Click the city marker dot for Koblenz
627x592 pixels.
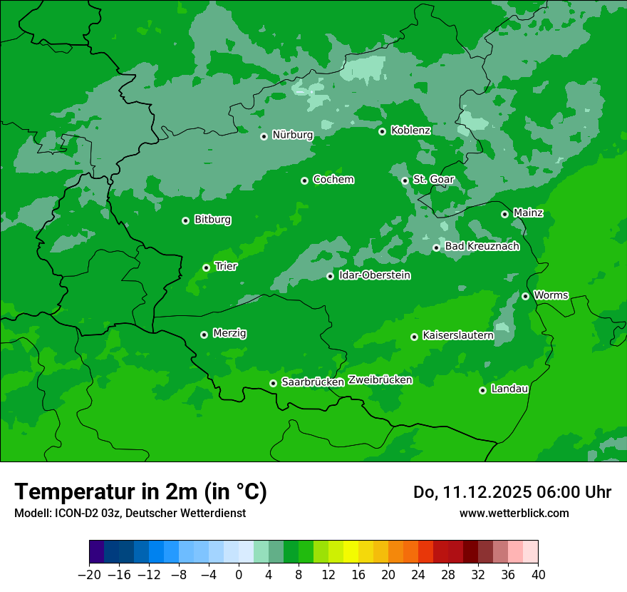pos(382,131)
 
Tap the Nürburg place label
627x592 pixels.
pos(293,135)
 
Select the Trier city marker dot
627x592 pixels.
pos(206,267)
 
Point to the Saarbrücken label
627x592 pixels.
pos(313,382)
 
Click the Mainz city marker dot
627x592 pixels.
pos(504,214)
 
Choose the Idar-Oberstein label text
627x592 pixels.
pos(375,275)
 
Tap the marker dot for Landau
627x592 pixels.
pos(482,390)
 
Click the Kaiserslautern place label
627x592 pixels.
pos(457,335)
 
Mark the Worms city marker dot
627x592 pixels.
pos(525,296)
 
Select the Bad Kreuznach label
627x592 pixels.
pos(482,246)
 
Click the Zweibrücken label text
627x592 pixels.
pos(380,380)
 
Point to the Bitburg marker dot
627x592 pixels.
pos(185,220)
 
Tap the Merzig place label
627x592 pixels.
pos(229,333)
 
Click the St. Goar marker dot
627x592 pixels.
pos(405,180)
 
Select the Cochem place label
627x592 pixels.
pos(333,179)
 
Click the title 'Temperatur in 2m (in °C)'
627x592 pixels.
pos(140,492)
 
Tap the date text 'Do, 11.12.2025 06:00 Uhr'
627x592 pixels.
pos(512,492)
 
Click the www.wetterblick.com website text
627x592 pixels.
pos(514,513)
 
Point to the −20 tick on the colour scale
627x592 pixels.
pos(89,575)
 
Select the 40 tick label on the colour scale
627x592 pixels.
pos(538,575)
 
